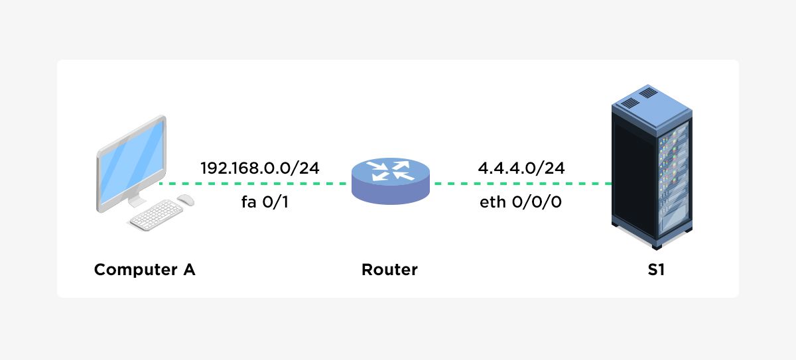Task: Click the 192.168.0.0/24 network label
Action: pos(260,168)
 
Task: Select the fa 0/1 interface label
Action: pos(265,202)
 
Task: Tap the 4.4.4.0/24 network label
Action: pos(521,168)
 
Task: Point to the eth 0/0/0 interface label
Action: pos(521,202)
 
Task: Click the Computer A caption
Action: pos(145,270)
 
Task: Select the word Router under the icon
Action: pos(389,270)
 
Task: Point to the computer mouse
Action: pos(186,200)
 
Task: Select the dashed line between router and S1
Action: pos(521,184)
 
